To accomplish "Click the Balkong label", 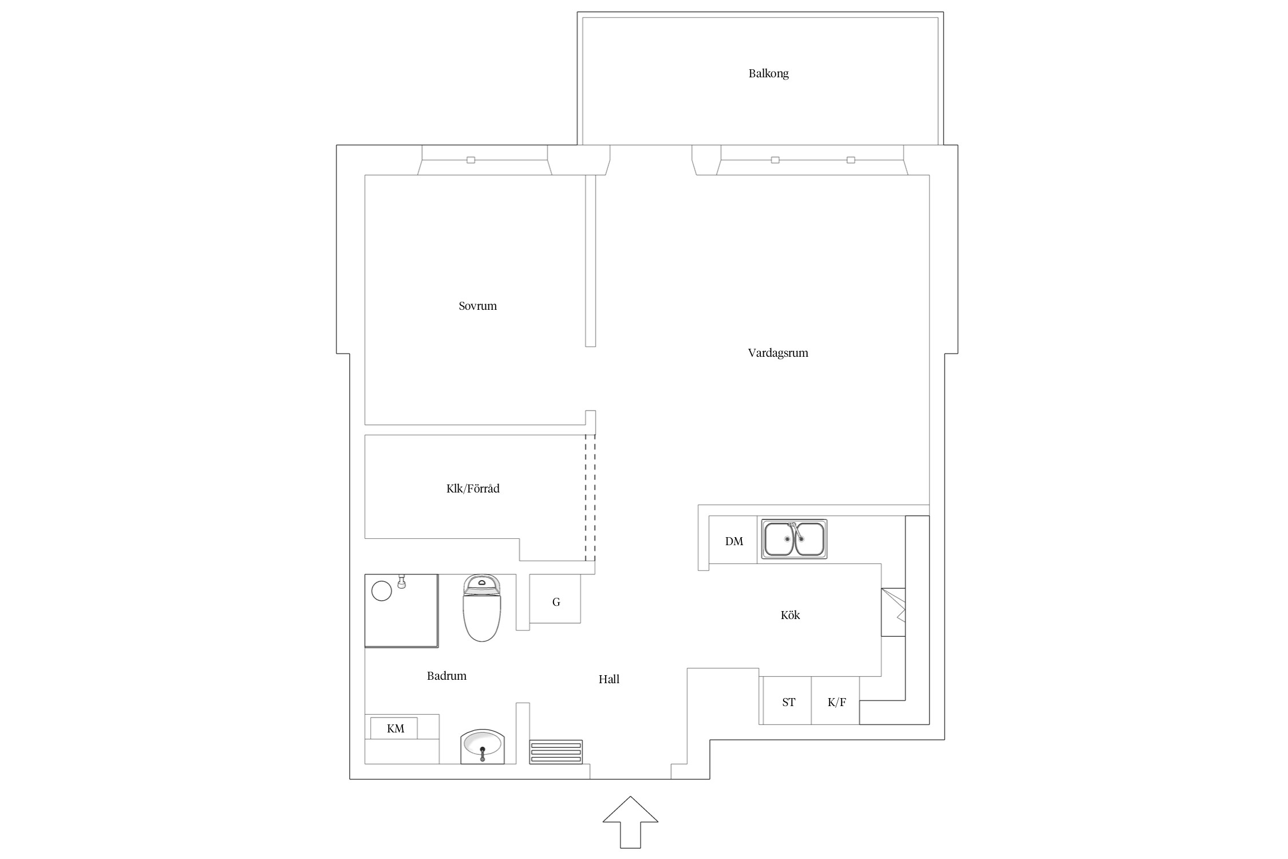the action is (768, 74).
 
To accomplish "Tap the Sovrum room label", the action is (477, 306).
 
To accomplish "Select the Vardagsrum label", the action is (778, 353).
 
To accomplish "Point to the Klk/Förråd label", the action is (473, 488).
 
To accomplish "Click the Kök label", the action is (790, 615).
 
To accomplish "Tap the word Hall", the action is (609, 679).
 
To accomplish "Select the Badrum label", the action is (447, 676).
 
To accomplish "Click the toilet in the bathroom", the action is (481, 608).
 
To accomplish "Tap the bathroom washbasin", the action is (483, 746).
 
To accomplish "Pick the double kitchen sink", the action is (794, 539).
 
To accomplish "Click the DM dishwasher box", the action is (733, 539).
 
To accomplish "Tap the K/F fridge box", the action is (836, 701).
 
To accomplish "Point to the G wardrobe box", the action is (555, 599).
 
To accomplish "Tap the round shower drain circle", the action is (382, 591).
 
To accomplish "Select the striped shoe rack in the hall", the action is (556, 752).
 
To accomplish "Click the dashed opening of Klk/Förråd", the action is (590, 498).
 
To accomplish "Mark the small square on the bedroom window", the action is (471, 160).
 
